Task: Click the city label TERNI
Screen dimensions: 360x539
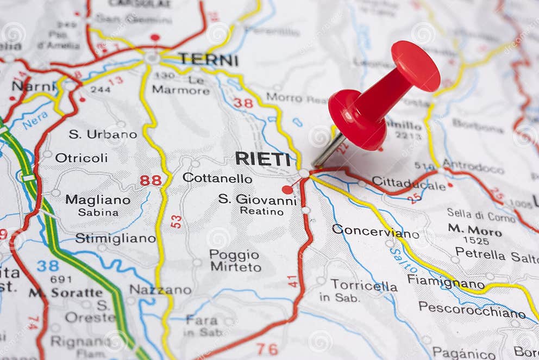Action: pyautogui.click(x=208, y=59)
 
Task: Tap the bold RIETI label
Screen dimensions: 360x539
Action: pyautogui.click(x=262, y=159)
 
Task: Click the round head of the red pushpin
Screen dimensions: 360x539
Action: pyautogui.click(x=416, y=66)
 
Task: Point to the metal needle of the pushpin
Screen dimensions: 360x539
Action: pyautogui.click(x=329, y=150)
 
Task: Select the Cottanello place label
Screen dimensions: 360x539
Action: pyautogui.click(x=217, y=178)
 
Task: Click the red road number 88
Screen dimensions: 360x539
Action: pyautogui.click(x=151, y=180)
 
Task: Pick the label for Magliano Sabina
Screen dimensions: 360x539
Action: pyautogui.click(x=98, y=205)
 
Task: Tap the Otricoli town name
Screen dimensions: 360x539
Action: pyautogui.click(x=82, y=158)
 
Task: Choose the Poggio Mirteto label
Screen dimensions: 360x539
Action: pyautogui.click(x=235, y=260)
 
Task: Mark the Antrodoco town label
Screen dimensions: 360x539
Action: pyautogui.click(x=473, y=165)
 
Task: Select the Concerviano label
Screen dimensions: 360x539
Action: pyautogui.click(x=375, y=231)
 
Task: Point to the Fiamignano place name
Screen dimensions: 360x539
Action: pyautogui.click(x=446, y=282)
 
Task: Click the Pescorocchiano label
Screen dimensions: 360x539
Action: pyautogui.click(x=472, y=309)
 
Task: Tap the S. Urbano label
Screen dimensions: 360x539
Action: pyautogui.click(x=102, y=134)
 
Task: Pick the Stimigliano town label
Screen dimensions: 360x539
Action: pyautogui.click(x=115, y=238)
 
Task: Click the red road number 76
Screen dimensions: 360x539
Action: pyautogui.click(x=267, y=349)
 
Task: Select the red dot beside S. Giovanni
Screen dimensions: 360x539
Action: pyautogui.click(x=287, y=189)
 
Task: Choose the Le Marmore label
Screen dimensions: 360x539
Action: pyautogui.click(x=180, y=85)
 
